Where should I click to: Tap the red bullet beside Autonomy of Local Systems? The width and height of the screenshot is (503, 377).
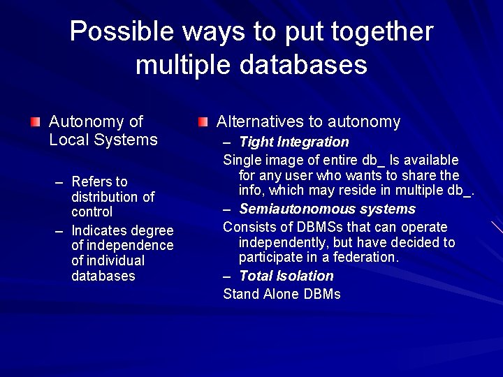pos(36,122)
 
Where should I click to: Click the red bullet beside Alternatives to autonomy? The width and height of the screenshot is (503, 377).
pos(203,122)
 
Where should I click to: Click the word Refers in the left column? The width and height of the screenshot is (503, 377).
pos(89,182)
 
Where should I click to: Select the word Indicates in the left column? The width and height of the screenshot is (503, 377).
pos(99,230)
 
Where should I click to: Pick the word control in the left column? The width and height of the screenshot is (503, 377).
pos(92,212)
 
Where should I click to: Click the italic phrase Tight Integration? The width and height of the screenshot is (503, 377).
pos(293,142)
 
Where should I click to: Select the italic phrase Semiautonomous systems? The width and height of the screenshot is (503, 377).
pos(327,209)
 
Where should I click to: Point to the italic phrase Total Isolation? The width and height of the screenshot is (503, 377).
pos(286,276)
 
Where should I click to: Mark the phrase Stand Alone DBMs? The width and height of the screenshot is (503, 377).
pos(282,294)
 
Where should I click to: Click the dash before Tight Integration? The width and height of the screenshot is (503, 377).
pos(228,142)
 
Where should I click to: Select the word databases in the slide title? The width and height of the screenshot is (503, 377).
pos(303,65)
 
